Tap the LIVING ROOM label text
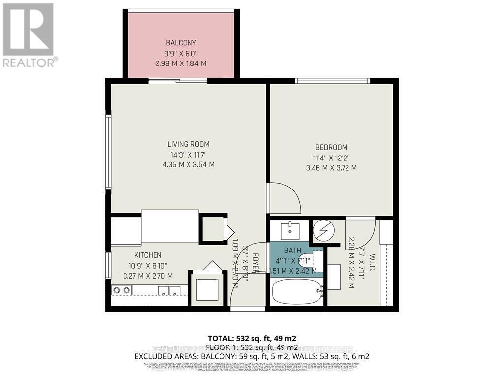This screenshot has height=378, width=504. (189, 144)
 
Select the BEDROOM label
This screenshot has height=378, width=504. (331, 147)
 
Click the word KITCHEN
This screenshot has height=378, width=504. (148, 255)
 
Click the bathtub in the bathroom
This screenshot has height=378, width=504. (295, 292)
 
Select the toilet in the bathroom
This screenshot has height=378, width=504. (310, 261)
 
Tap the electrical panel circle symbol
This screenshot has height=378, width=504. (324, 229)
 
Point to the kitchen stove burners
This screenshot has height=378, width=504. (122, 290)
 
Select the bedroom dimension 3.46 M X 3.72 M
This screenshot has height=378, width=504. (331, 168)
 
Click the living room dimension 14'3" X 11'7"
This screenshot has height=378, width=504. (189, 155)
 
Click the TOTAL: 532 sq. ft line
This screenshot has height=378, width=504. (252, 338)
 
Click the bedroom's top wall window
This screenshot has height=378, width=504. (333, 81)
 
